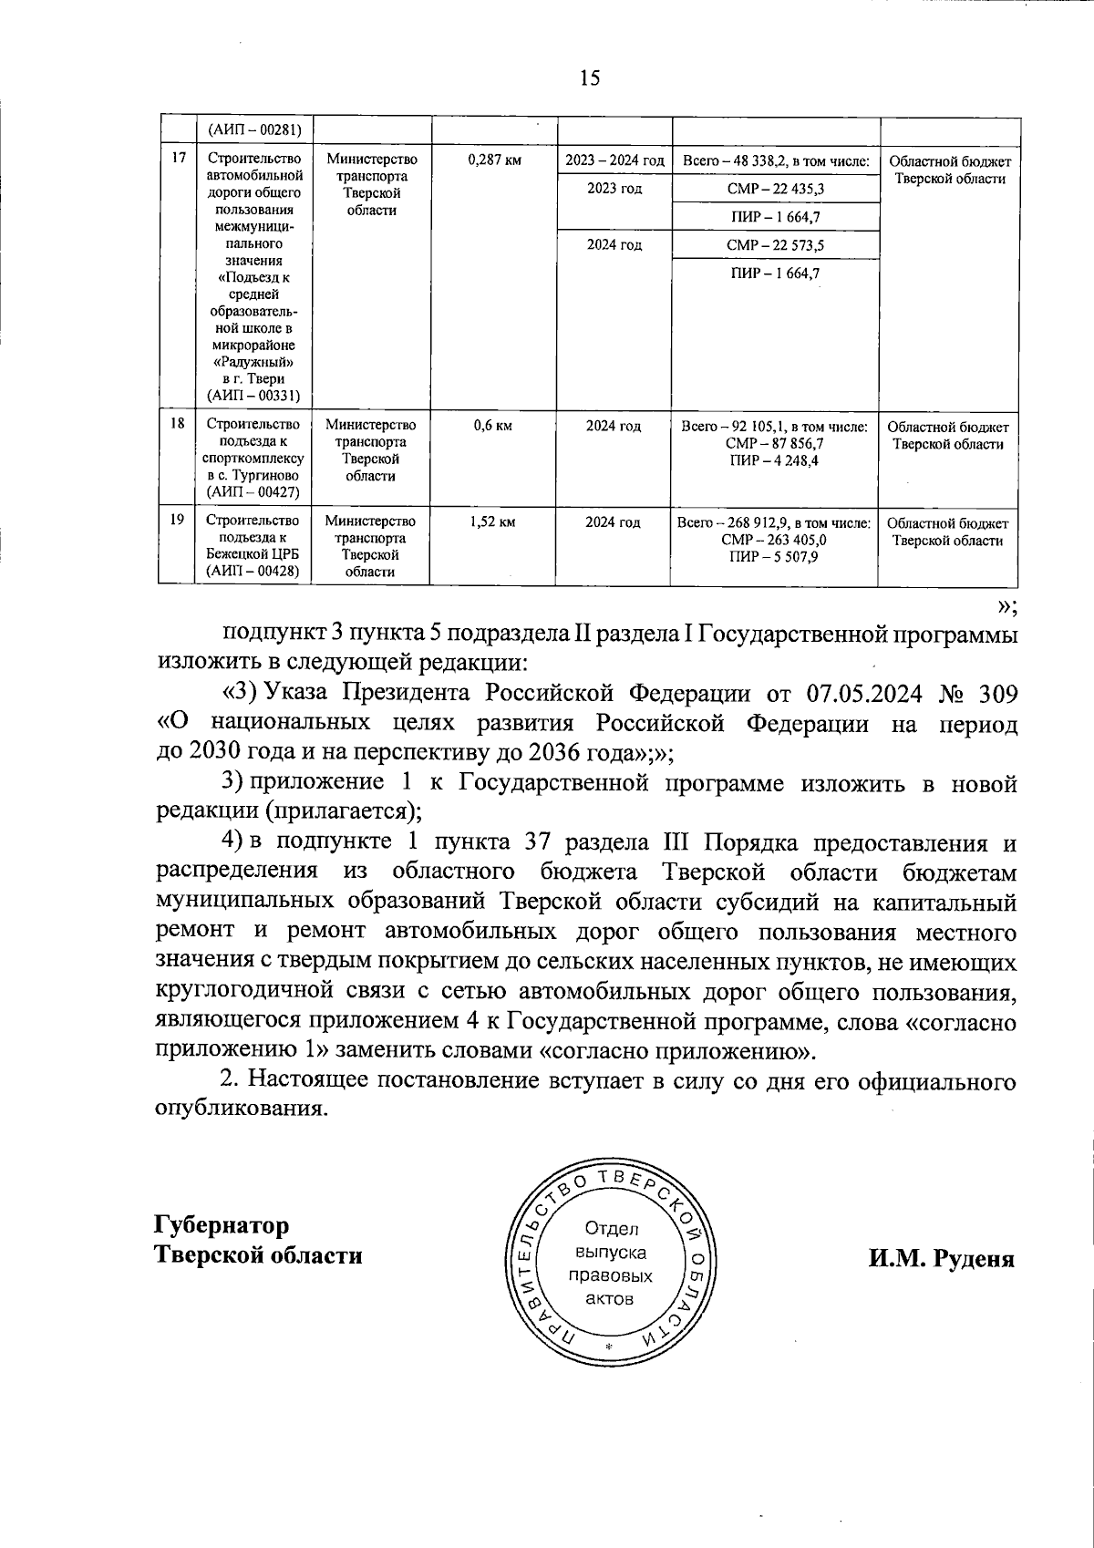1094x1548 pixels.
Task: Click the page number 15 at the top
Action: [589, 78]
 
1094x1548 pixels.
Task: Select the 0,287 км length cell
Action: [493, 160]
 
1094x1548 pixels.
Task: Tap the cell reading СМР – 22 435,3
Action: [776, 189]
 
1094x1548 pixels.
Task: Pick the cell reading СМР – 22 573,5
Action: [776, 245]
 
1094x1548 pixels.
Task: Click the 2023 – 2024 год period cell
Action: [614, 160]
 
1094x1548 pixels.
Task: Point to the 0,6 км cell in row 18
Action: [493, 426]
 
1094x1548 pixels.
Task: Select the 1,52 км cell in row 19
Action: [493, 522]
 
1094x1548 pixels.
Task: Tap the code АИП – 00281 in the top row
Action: [253, 129]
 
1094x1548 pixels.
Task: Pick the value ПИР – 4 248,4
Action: [775, 460]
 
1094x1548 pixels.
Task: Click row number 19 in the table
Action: [178, 520]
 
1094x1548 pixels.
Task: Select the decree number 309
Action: [996, 694]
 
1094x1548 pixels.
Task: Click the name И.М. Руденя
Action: [941, 1259]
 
